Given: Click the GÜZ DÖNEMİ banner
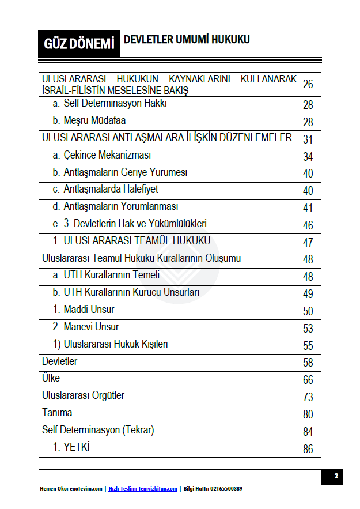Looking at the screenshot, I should coord(79,44).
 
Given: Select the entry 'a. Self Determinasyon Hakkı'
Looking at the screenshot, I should coord(109,104).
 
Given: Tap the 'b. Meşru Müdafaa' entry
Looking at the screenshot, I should coord(89,121).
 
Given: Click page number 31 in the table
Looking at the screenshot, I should coord(308,139).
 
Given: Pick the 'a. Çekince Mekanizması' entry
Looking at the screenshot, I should coord(101,156).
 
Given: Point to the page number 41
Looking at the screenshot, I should coord(308,208).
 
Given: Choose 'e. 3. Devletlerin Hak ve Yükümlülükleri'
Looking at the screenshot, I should coord(129,224).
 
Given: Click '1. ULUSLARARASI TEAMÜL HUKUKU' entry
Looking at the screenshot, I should coord(131,241).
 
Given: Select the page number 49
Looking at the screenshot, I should coord(308,294).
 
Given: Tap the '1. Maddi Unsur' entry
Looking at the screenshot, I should coord(84,310).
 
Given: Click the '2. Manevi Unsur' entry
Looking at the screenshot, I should coord(86,327).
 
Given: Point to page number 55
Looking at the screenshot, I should coord(308,346).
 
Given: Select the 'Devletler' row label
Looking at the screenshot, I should coord(60,361).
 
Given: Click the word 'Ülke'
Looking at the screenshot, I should coord(51,379).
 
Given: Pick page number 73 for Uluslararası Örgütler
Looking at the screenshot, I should coord(308,397).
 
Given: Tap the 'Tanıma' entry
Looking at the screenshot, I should coord(57,413).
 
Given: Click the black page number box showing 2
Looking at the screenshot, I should coord(335,476).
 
